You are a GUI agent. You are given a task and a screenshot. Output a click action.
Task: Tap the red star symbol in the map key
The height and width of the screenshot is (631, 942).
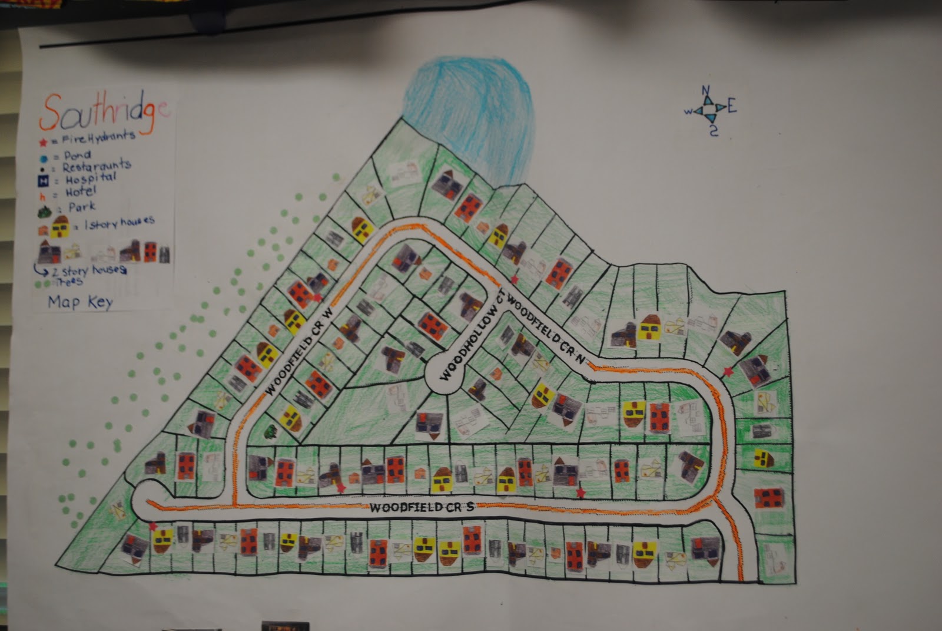(43, 142)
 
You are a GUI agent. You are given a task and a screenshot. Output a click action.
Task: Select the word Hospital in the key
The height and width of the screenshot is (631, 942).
(91, 177)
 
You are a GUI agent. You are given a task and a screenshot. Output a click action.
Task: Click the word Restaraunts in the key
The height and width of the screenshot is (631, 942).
(97, 166)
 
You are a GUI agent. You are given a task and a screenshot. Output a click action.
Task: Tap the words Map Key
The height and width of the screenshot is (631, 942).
(80, 302)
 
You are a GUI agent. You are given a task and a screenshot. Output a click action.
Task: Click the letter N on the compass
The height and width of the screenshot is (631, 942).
(705, 91)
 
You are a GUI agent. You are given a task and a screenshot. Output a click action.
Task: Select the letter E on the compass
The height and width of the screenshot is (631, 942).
(732, 107)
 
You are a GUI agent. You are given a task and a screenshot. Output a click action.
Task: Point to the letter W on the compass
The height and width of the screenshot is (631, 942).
(687, 111)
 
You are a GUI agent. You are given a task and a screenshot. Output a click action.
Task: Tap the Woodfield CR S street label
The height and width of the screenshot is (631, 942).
(422, 508)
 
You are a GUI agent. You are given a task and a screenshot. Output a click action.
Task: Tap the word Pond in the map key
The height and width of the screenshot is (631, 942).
(77, 155)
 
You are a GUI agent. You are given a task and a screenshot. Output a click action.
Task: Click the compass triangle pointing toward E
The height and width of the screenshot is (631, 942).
(719, 107)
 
